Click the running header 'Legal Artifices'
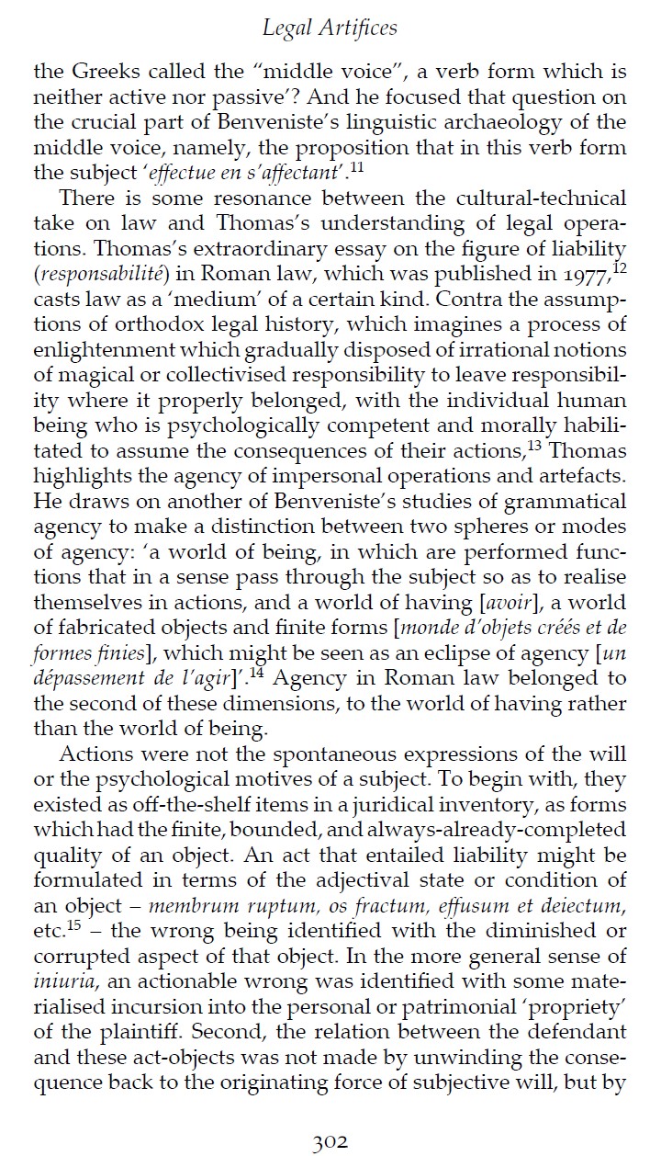coord(330,28)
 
